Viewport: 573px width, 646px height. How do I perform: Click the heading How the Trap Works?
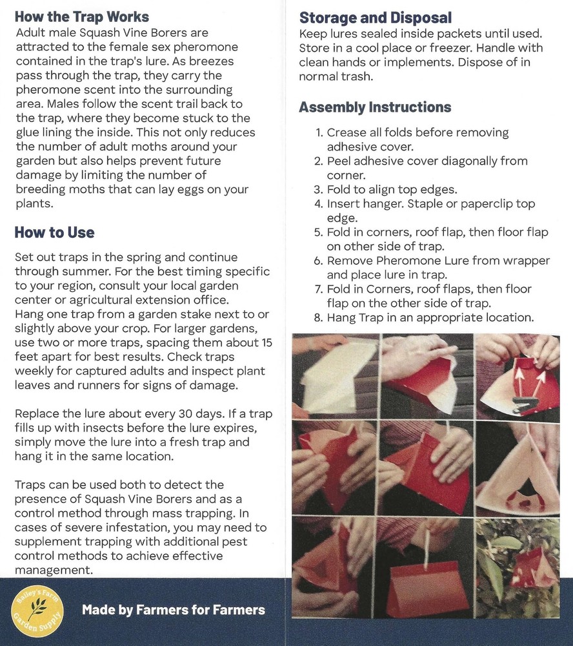pyautogui.click(x=82, y=17)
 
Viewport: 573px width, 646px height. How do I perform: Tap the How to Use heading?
pyautogui.click(x=54, y=233)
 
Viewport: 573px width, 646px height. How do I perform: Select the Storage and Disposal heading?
pyautogui.click(x=375, y=17)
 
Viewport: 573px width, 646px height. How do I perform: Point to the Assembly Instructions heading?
pyautogui.click(x=375, y=107)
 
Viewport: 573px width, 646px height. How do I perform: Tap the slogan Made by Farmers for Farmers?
pyautogui.click(x=174, y=609)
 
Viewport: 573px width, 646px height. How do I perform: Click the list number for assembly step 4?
pyautogui.click(x=318, y=204)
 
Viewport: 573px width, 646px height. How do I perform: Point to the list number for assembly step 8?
pyautogui.click(x=318, y=317)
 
